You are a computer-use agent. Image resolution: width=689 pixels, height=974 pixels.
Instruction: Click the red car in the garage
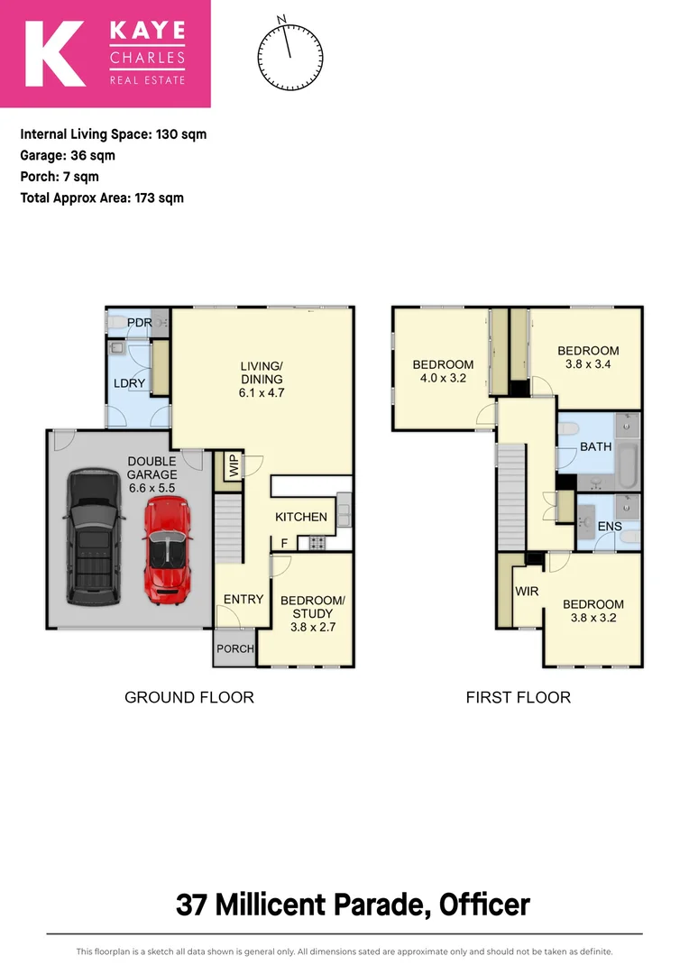point(166,550)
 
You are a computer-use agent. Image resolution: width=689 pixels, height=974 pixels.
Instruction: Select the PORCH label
point(234,648)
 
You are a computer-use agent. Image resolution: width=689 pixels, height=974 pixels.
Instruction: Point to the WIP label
point(234,466)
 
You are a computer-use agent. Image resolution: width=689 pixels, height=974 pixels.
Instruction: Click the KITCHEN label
point(300,517)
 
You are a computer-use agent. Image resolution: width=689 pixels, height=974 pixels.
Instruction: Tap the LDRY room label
point(129,383)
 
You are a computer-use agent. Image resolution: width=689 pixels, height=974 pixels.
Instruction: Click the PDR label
point(138,322)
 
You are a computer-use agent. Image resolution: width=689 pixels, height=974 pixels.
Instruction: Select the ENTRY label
point(243,599)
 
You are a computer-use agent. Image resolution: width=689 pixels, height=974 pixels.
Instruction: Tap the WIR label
point(527,591)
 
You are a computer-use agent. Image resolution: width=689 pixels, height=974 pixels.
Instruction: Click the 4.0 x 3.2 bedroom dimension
point(443,379)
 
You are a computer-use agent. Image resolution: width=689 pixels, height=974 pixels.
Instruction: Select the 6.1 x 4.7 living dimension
point(262,393)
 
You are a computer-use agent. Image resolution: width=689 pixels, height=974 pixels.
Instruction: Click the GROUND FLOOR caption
point(188,697)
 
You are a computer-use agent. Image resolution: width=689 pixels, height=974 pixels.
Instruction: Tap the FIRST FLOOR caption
point(518,697)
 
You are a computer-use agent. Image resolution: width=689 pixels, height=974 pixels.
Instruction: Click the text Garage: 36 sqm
point(68,155)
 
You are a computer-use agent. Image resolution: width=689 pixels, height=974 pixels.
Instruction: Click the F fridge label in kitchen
point(285,543)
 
